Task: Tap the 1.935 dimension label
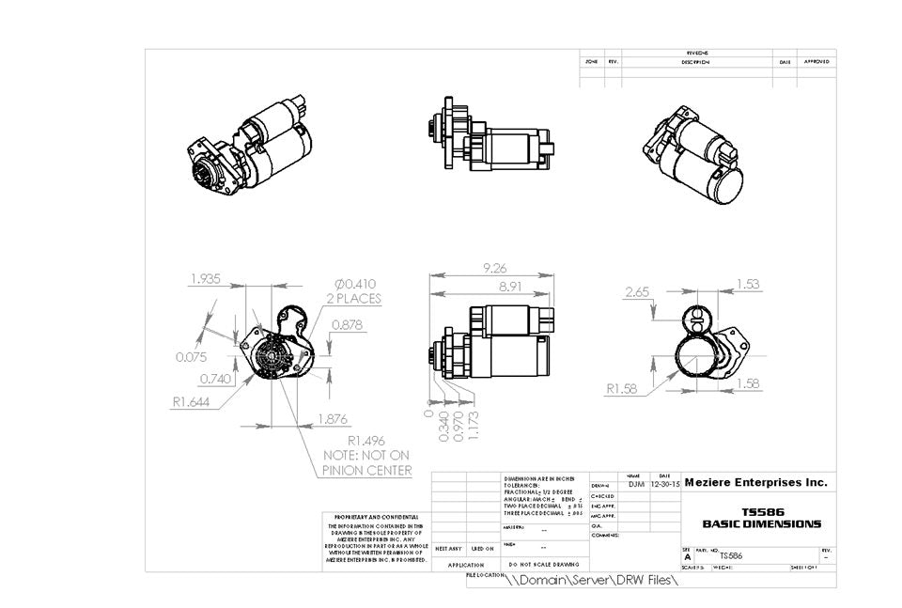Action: click(206, 279)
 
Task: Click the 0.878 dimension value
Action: click(348, 325)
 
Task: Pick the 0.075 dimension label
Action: click(192, 357)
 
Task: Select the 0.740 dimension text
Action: click(217, 379)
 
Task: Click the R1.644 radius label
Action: click(190, 402)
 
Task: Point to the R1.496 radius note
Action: click(367, 440)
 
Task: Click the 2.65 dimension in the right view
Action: click(636, 292)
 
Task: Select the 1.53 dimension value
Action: click(748, 284)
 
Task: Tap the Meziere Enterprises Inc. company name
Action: click(756, 482)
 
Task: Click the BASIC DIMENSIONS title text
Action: click(761, 523)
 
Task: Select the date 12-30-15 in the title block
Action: click(664, 484)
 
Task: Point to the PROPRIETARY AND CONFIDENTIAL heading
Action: click(374, 517)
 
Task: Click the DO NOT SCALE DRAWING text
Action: click(533, 566)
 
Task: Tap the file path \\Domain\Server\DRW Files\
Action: click(591, 580)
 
